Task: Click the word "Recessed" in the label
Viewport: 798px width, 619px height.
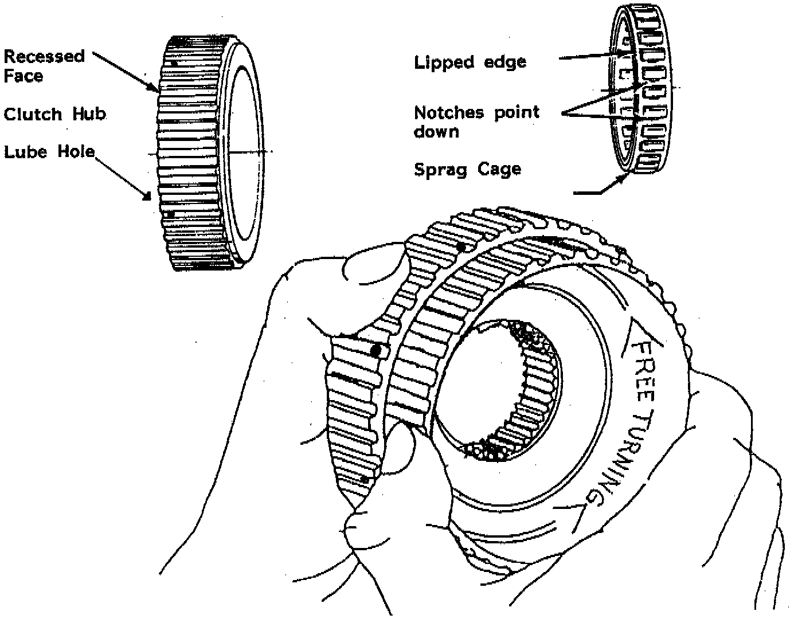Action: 44,56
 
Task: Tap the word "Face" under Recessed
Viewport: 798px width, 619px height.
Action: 23,76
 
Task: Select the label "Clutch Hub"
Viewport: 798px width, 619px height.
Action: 55,114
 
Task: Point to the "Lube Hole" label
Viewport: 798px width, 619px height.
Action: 49,152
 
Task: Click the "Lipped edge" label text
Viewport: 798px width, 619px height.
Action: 470,62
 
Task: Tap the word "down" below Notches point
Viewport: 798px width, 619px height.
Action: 437,132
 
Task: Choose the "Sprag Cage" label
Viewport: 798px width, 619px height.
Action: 467,170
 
